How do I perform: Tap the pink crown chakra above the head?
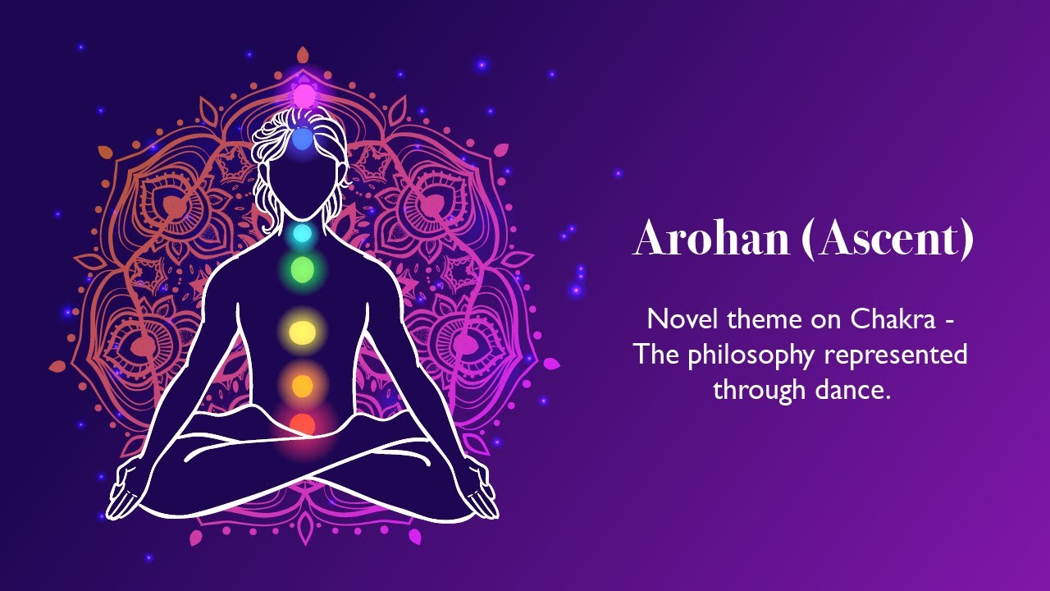pyautogui.click(x=304, y=95)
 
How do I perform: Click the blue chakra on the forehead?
pyautogui.click(x=303, y=140)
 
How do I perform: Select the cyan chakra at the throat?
pyautogui.click(x=303, y=233)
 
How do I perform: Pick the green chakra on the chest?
pyautogui.click(x=303, y=268)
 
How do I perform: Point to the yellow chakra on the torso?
pyautogui.click(x=303, y=332)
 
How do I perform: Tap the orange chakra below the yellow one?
pyautogui.click(x=303, y=384)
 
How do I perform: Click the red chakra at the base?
pyautogui.click(x=303, y=424)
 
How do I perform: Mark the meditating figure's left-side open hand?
pyautogui.click(x=127, y=492)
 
